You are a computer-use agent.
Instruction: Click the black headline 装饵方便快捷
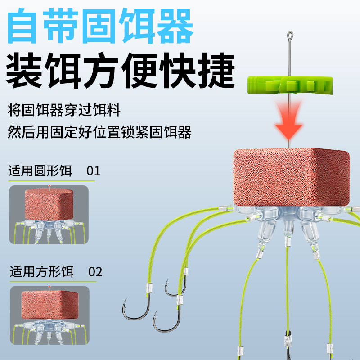(120, 71)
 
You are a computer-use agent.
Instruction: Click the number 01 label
(93, 171)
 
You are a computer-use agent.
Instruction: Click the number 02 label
(95, 272)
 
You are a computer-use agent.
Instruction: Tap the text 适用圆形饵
(40, 171)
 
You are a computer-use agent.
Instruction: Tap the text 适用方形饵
(42, 272)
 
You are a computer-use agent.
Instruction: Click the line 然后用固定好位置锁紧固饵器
(99, 132)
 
